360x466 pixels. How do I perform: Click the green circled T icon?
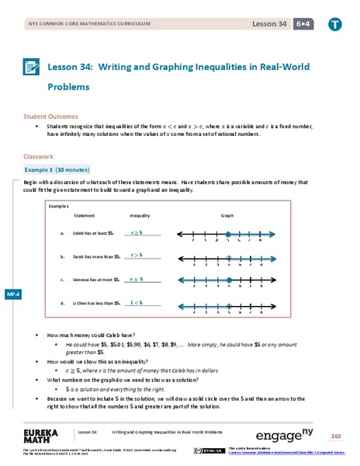pos(335,24)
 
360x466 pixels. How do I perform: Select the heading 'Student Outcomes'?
pos(53,116)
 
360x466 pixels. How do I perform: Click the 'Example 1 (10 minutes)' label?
pos(57,169)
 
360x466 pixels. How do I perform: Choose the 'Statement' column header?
pos(84,215)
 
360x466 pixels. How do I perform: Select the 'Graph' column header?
pos(227,215)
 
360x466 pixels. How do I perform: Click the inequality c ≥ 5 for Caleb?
pos(136,232)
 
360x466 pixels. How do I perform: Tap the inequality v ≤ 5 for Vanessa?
pos(136,278)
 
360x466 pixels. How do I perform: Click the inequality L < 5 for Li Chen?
pos(136,301)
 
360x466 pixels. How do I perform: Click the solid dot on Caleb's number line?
pos(228,235)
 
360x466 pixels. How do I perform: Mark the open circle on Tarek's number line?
pos(228,258)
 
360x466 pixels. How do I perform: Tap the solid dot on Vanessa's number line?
pos(228,281)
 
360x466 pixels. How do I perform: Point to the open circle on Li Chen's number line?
pos(228,304)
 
